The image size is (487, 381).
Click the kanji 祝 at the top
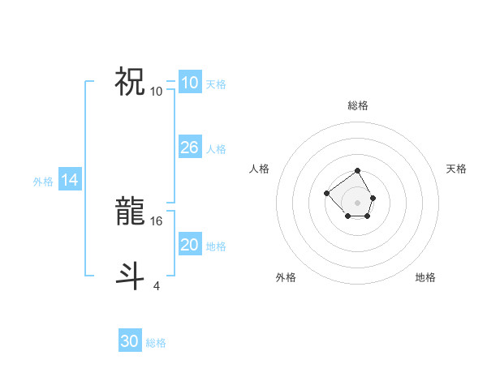(130, 82)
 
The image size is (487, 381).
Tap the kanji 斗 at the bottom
(130, 276)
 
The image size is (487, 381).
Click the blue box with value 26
(189, 148)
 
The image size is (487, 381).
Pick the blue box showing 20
(189, 245)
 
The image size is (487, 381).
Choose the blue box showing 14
(70, 181)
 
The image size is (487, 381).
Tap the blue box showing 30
(130, 341)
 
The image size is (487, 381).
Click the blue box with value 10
(189, 83)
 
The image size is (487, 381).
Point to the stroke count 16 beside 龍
(157, 220)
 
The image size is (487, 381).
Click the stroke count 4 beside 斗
(156, 285)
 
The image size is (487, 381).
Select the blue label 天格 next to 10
(216, 84)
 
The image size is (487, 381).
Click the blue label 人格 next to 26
(216, 149)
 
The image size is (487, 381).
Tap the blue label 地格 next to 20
(216, 246)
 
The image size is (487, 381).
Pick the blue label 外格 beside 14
(43, 182)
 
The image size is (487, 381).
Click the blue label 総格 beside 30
(156, 343)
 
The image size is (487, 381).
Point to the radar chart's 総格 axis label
(358, 105)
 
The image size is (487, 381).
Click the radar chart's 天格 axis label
(457, 169)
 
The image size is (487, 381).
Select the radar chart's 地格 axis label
(425, 277)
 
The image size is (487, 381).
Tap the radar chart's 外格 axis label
(286, 277)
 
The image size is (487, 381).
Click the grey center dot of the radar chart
(358, 202)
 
